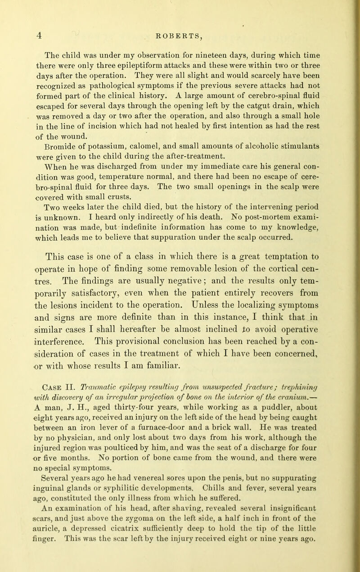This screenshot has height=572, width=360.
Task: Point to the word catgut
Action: pos(241,103)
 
